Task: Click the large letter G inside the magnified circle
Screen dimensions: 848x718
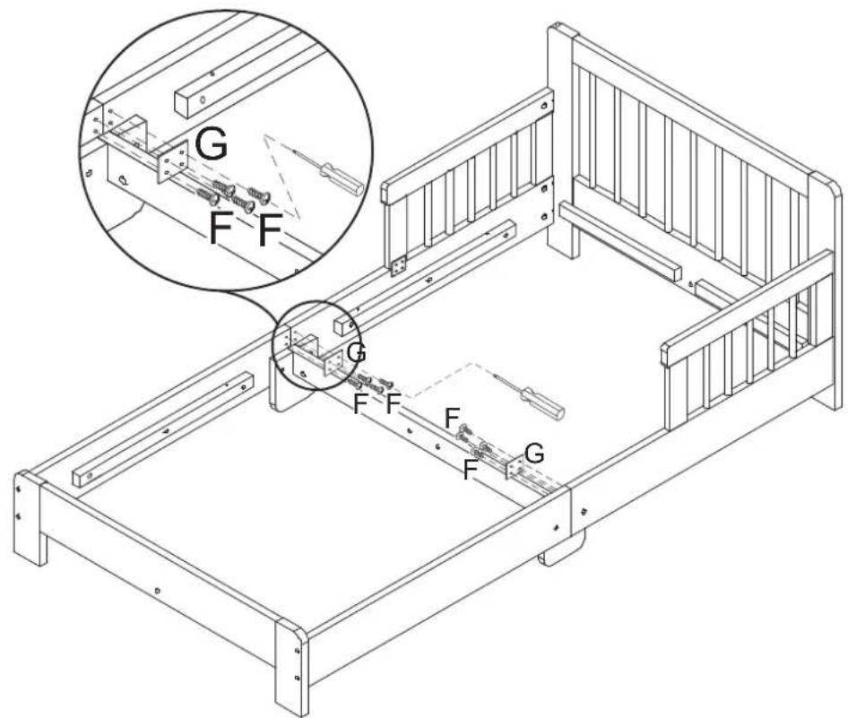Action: click(x=210, y=145)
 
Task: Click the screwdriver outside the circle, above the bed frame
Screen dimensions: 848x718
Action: click(x=536, y=399)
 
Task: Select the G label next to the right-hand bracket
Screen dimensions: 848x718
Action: click(x=533, y=454)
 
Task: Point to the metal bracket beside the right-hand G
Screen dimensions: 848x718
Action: click(x=515, y=469)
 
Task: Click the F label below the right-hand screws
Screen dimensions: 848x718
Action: click(x=470, y=469)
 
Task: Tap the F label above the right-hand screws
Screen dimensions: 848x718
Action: click(x=454, y=417)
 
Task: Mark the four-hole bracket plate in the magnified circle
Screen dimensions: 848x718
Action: click(x=170, y=165)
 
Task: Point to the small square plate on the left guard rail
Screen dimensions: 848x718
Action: click(x=399, y=264)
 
